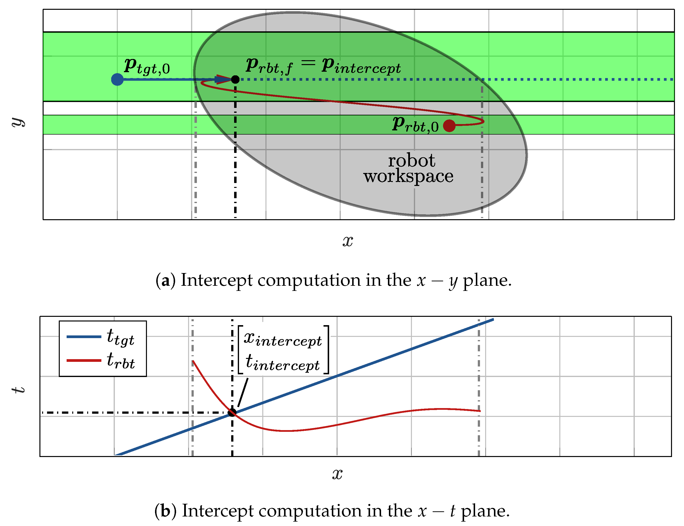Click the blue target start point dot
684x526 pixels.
click(x=117, y=80)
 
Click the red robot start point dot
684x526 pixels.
click(x=449, y=126)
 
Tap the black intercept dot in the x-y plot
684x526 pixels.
click(x=235, y=80)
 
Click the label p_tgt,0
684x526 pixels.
click(x=147, y=66)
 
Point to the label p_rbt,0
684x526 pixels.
click(x=415, y=125)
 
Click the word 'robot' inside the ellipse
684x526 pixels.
click(x=411, y=161)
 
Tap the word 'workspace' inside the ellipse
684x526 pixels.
click(x=408, y=176)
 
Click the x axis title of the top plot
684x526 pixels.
click(x=348, y=241)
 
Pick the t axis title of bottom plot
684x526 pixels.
click(x=18, y=389)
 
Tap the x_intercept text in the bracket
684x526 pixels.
click(x=283, y=339)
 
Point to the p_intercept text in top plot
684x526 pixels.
click(x=361, y=66)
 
